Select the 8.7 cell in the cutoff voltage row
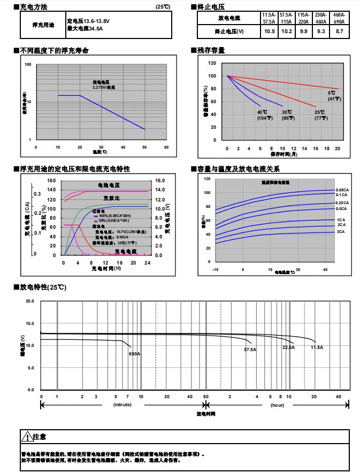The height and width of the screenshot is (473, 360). click(x=339, y=32)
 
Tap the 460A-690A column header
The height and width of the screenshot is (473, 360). click(x=339, y=18)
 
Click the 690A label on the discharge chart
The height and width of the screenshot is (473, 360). click(x=134, y=354)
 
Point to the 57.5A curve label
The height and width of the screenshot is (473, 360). click(x=250, y=350)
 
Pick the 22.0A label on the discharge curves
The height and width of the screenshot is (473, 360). click(x=288, y=347)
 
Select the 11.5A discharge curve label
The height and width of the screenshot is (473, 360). click(x=317, y=347)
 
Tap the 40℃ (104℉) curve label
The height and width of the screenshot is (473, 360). click(x=262, y=115)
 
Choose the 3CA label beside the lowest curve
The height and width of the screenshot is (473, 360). click(x=340, y=232)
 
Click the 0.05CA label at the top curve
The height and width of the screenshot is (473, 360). click(x=342, y=190)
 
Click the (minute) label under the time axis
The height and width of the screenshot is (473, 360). click(x=122, y=405)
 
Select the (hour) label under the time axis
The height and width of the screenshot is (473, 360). click(x=277, y=405)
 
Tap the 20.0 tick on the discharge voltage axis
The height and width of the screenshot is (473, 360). click(x=30, y=301)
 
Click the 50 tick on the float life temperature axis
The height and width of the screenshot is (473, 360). click(x=144, y=147)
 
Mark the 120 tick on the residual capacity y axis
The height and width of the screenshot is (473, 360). click(x=212, y=63)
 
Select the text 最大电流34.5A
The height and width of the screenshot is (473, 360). click(x=85, y=28)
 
